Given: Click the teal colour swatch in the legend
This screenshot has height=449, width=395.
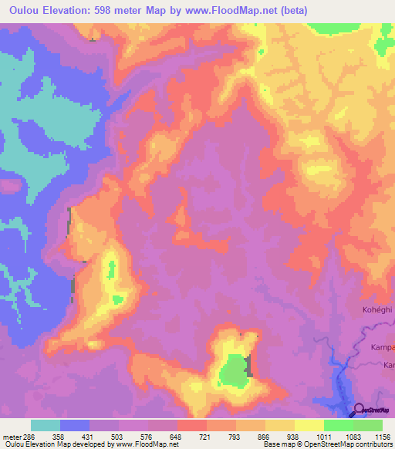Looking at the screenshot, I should click(46, 425).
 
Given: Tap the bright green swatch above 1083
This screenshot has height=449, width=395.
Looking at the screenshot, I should click(338, 425).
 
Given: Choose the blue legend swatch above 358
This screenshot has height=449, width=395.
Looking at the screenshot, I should click(75, 425).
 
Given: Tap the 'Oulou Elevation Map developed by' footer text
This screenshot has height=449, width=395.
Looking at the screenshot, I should click(56, 444).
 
